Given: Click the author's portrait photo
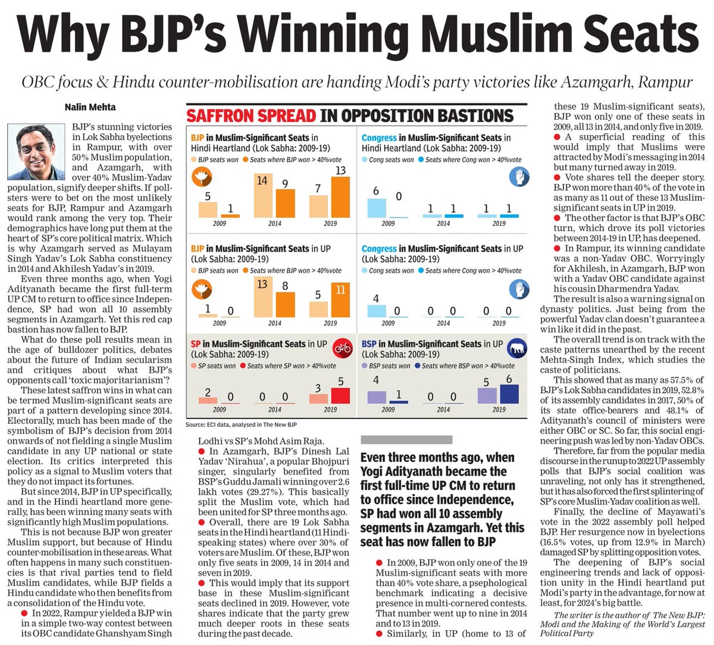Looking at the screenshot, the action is tap(36, 152).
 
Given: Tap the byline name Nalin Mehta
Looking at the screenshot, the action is tap(90, 107).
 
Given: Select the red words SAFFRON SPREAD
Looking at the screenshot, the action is tap(251, 115).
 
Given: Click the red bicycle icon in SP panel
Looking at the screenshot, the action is tap(342, 348).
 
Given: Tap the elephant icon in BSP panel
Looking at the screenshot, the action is tap(517, 348).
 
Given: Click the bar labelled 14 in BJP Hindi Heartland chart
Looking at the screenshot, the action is tap(263, 196).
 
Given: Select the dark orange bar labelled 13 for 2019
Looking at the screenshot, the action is tap(340, 197).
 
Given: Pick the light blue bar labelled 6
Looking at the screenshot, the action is tap(376, 207).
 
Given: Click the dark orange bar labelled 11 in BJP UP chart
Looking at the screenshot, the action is tap(340, 300).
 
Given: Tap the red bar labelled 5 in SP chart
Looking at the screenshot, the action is tap(340, 395).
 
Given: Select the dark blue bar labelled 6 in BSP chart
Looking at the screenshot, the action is tap(509, 394).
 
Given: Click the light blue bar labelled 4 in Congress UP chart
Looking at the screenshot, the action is tap(376, 311).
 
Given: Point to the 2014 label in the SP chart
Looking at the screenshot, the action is tap(274, 410).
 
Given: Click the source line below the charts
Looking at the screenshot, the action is tap(241, 424).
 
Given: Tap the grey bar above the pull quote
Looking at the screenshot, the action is tap(406, 440).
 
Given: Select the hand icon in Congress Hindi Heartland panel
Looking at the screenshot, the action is tap(519, 177).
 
